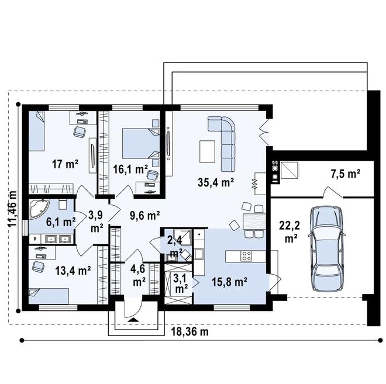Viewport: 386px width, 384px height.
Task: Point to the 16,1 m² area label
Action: (129, 169)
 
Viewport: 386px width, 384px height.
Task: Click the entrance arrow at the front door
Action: (133, 320)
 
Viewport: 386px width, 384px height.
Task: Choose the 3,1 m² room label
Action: (181, 283)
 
